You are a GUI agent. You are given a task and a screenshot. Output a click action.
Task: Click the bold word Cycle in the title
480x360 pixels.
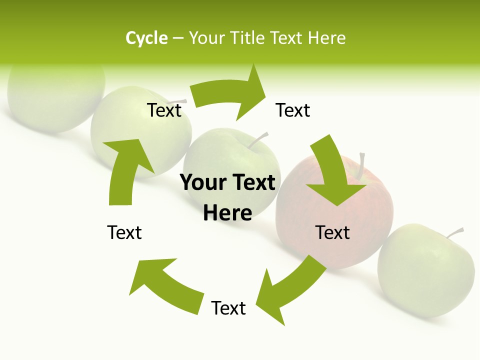pos(146,38)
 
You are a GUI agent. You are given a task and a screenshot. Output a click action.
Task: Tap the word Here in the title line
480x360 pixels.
pos(326,38)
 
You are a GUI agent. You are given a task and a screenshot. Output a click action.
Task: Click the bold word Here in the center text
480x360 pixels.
pos(227,213)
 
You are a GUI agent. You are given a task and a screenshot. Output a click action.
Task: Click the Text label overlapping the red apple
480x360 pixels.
pos(332,232)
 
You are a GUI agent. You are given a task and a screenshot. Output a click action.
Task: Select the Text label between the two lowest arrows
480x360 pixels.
pos(228,308)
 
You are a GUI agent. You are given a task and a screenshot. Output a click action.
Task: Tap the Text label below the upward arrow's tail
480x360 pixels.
pos(124,232)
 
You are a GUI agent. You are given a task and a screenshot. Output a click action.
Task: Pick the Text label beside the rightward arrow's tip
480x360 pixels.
pos(293,110)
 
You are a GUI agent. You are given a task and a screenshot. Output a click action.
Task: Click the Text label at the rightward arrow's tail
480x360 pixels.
pos(164,110)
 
